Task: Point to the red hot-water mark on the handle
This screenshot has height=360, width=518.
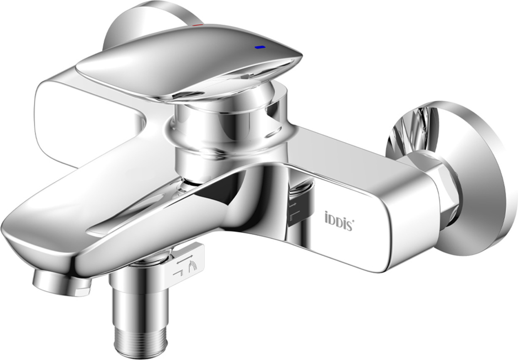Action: pos(198,25)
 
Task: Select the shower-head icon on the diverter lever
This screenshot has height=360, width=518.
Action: pos(192,266)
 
